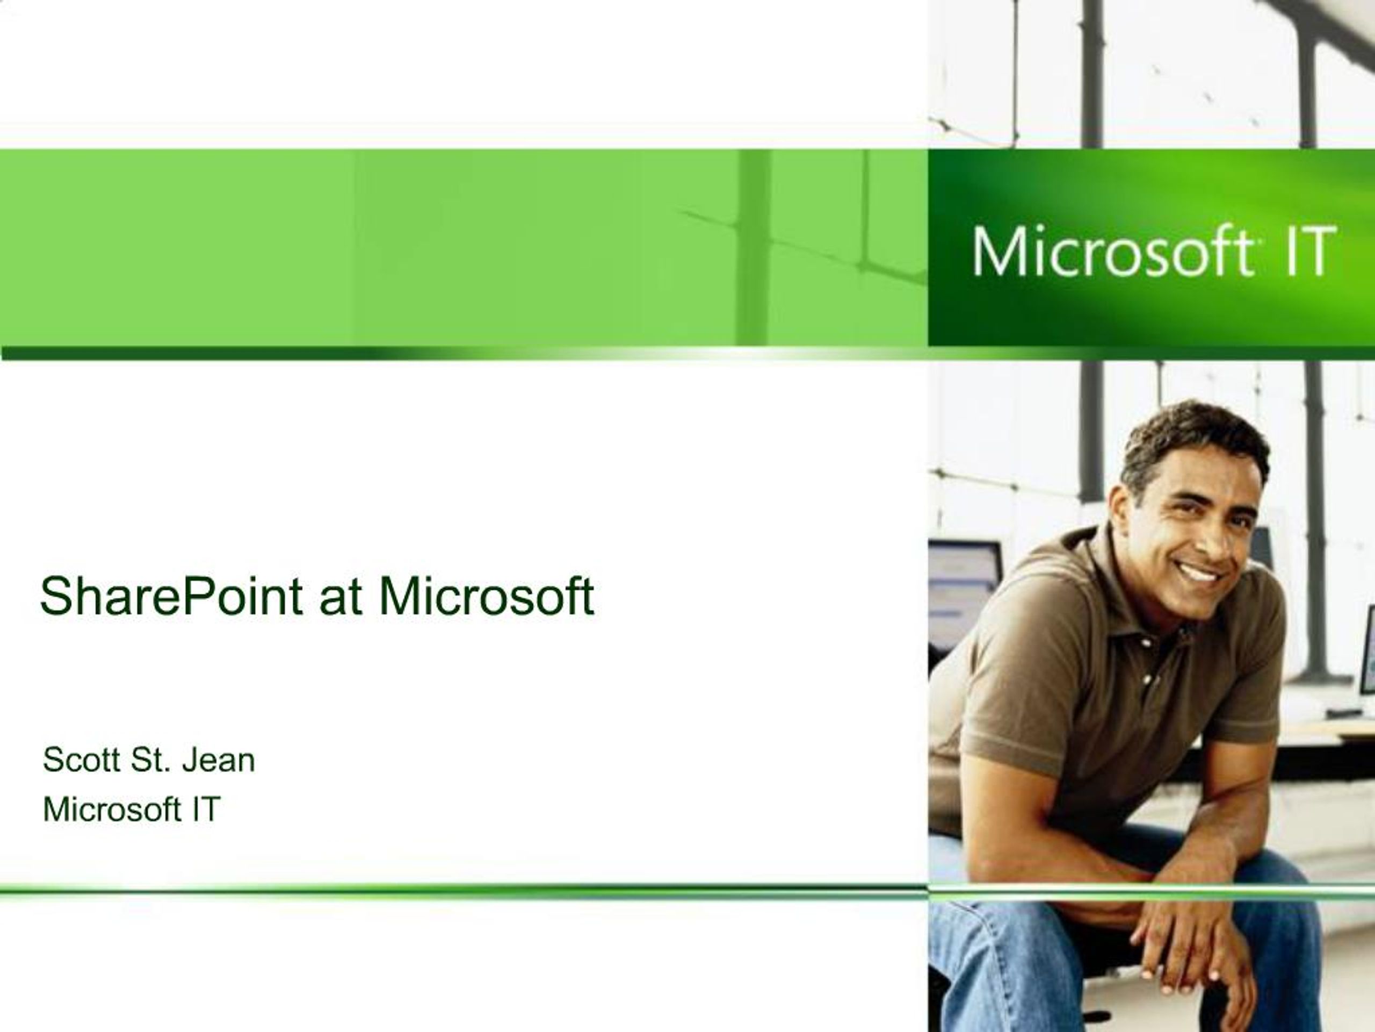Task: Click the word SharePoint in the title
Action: tap(171, 597)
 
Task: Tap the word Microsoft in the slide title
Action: tap(486, 596)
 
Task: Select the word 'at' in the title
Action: tap(340, 597)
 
